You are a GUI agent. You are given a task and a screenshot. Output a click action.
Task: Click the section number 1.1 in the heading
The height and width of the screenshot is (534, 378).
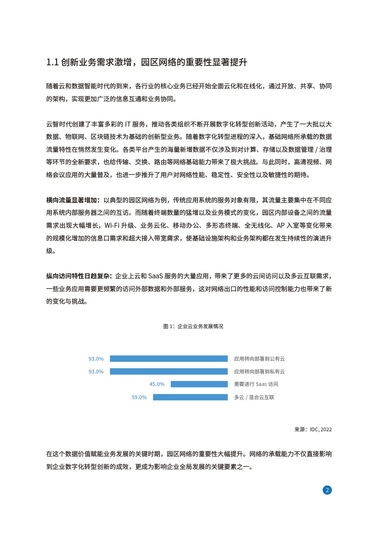point(52,62)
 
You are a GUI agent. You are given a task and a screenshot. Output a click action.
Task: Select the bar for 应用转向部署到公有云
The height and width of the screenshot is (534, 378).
point(169,359)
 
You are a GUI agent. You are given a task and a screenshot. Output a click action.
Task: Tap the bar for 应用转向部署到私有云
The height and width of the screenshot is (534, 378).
point(169,372)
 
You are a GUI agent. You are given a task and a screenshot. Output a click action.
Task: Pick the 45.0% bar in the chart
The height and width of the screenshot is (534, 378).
point(199,384)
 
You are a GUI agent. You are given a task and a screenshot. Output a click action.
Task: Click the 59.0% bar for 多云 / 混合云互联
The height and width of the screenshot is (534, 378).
point(190,397)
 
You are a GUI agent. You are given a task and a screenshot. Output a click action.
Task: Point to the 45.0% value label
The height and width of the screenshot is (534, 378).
point(157,384)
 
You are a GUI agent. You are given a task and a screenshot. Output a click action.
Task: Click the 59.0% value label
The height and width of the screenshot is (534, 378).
point(139,397)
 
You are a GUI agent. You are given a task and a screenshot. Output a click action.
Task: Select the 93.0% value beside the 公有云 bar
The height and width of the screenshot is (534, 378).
point(96,359)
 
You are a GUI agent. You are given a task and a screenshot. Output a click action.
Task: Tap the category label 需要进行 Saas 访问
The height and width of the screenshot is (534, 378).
point(256,384)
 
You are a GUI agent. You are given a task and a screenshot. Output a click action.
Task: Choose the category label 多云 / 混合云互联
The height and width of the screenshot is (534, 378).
point(254,397)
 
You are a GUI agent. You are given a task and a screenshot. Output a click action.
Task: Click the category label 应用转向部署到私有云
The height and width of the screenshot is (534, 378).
point(259,372)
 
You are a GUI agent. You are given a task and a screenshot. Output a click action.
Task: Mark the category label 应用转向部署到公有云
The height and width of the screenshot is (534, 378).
point(259,359)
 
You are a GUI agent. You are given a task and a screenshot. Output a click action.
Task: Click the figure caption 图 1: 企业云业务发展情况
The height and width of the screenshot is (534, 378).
point(193,326)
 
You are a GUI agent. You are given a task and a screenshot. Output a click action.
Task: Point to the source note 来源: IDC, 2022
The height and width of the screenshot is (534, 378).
point(313,429)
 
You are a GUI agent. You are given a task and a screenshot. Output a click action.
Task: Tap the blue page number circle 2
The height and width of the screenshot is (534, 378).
point(327,490)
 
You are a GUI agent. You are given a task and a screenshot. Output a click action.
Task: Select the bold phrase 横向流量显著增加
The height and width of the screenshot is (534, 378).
point(72,200)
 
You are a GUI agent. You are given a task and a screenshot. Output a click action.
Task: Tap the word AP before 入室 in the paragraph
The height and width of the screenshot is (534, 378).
point(280,225)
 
